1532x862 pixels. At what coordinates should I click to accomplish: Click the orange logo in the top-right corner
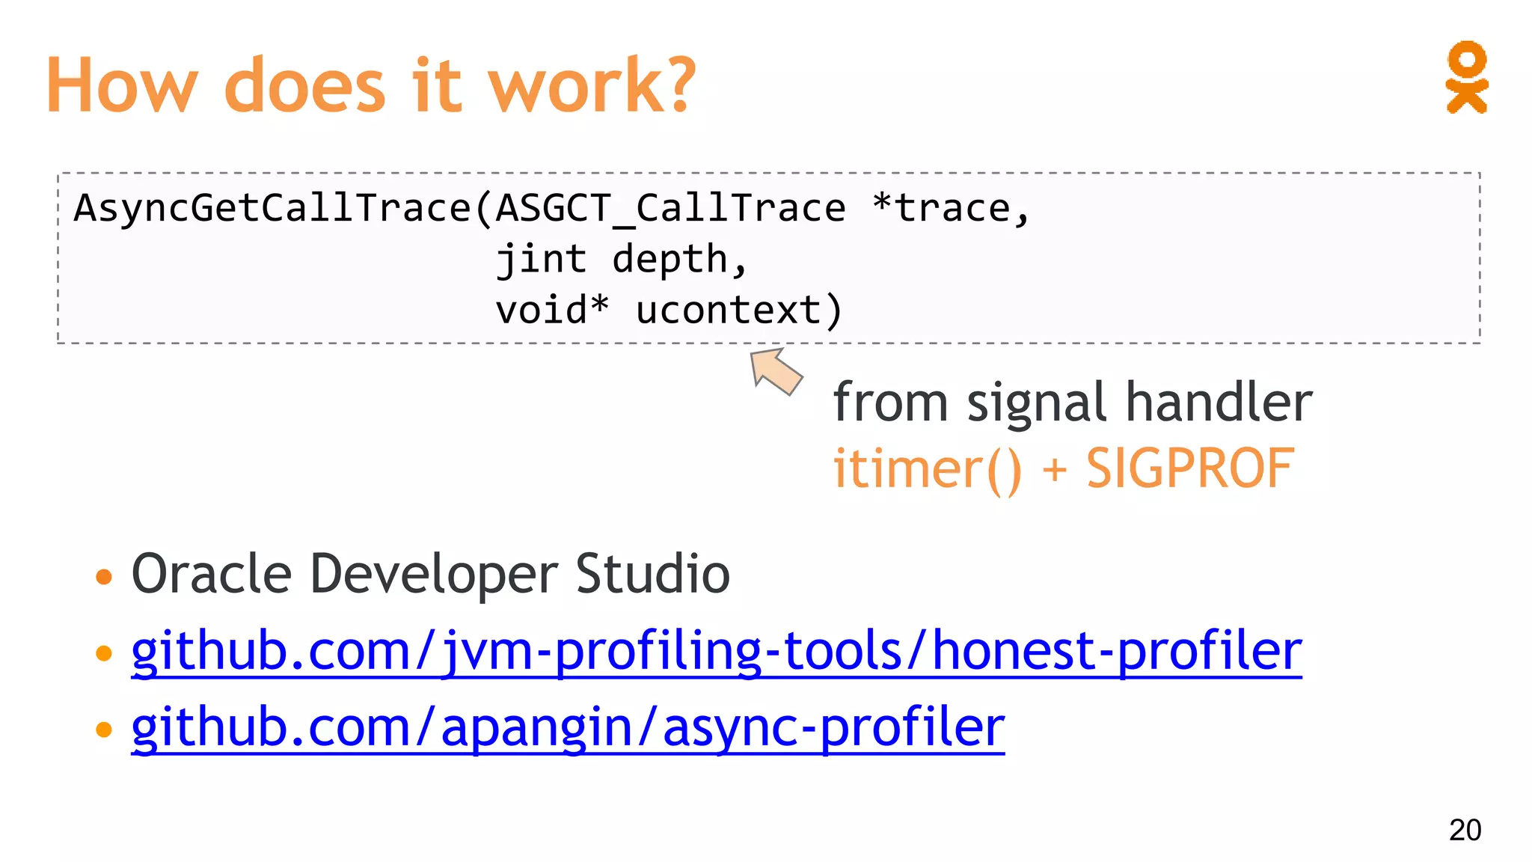tap(1466, 77)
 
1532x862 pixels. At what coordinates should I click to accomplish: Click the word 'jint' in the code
tap(541, 259)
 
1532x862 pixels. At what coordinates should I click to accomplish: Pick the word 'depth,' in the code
tap(679, 259)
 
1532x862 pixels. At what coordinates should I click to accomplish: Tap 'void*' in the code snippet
tap(552, 310)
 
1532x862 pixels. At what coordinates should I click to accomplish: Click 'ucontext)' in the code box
tap(739, 310)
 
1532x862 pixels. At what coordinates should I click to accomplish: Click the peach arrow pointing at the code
tap(776, 371)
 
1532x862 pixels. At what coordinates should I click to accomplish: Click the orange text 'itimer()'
tap(927, 469)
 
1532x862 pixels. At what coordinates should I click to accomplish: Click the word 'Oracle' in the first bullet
tap(212, 574)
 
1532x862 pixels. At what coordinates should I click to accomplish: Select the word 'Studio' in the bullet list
tap(652, 574)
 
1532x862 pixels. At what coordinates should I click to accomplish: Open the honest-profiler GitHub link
tap(716, 650)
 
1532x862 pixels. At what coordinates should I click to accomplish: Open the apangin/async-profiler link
tap(568, 727)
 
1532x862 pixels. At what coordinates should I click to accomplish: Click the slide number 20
tap(1465, 830)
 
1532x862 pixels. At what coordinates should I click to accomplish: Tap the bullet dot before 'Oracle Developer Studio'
tap(104, 577)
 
